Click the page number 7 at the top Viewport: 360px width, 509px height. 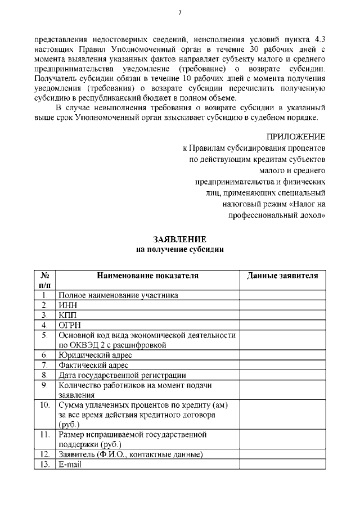(x=180, y=13)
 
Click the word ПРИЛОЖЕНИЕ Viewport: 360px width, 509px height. (x=296, y=137)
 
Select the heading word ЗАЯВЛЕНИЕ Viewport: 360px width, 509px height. (x=180, y=240)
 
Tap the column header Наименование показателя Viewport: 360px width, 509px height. (x=148, y=276)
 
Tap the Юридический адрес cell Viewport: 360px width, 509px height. (x=95, y=355)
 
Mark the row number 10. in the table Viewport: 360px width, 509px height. (x=46, y=405)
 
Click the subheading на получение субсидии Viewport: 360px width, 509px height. (x=180, y=250)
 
